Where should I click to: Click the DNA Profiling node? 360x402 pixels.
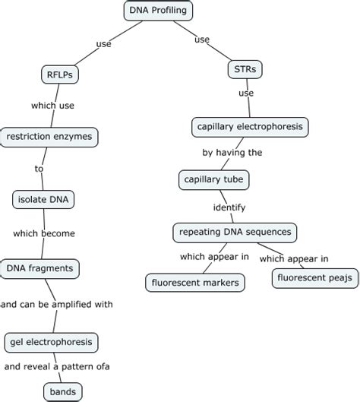click(x=158, y=11)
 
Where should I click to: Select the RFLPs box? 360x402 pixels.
click(x=60, y=74)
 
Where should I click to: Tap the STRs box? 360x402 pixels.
click(x=245, y=70)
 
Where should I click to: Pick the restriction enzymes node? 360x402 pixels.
click(x=49, y=137)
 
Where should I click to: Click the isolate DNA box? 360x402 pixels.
click(x=44, y=200)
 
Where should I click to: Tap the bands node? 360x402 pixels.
click(x=62, y=391)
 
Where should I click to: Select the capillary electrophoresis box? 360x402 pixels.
click(x=249, y=126)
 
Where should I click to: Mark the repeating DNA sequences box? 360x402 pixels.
click(x=235, y=231)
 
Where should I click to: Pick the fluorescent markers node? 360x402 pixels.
click(x=195, y=283)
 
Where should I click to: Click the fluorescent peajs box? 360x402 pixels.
click(x=314, y=278)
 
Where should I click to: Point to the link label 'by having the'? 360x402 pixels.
click(x=232, y=152)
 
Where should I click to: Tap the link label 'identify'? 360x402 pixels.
click(x=229, y=206)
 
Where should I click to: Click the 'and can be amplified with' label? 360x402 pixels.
click(x=57, y=304)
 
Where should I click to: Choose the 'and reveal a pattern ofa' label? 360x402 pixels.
click(x=57, y=366)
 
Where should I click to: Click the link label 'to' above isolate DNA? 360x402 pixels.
click(x=39, y=168)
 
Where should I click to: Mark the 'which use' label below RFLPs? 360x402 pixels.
click(x=52, y=106)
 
